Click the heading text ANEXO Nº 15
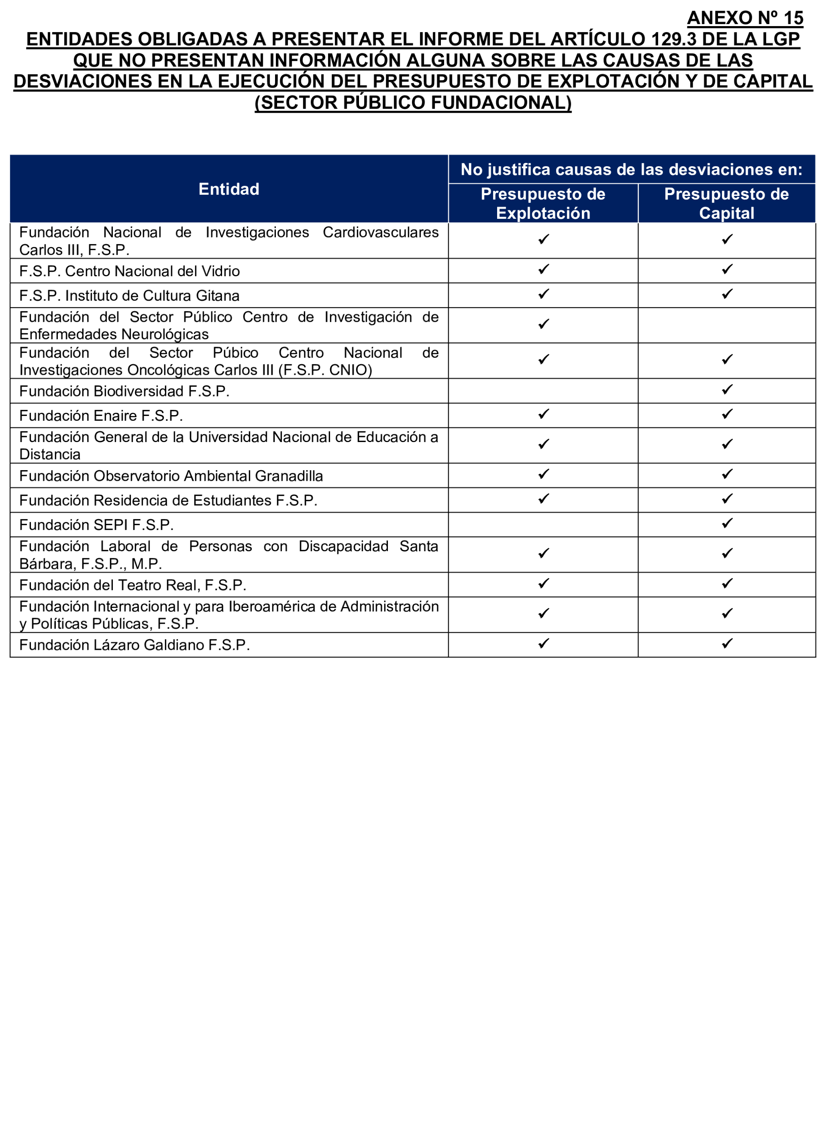pyautogui.click(x=745, y=18)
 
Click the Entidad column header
pyautogui.click(x=229, y=189)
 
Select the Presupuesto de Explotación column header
pyautogui.click(x=543, y=203)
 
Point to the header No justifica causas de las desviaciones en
pyautogui.click(x=631, y=169)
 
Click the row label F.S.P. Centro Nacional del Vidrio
pyautogui.click(x=129, y=271)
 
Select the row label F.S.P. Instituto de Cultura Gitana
pyautogui.click(x=129, y=296)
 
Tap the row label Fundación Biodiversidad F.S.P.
pyautogui.click(x=124, y=392)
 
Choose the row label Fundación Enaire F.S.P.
pyautogui.click(x=101, y=416)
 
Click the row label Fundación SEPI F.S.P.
pyautogui.click(x=96, y=525)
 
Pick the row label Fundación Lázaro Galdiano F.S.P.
pyautogui.click(x=134, y=645)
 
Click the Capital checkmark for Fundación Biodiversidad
pyautogui.click(x=727, y=389)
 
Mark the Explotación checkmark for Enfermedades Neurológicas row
pyautogui.click(x=543, y=324)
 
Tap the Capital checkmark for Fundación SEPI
pyautogui.click(x=727, y=523)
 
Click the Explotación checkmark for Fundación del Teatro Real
pyautogui.click(x=543, y=583)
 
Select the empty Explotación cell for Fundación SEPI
pyautogui.click(x=543, y=525)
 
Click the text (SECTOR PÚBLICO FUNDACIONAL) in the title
pyautogui.click(x=413, y=103)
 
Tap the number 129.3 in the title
pyautogui.click(x=674, y=39)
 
